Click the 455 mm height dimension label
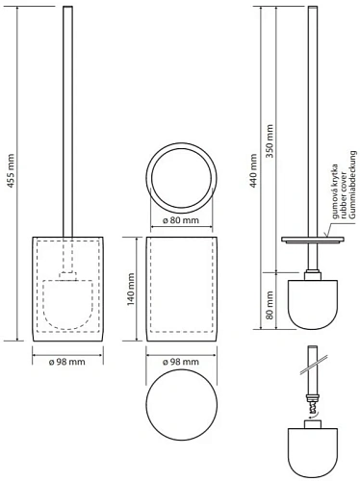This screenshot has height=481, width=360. (x=11, y=171)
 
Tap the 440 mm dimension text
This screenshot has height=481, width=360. (x=253, y=171)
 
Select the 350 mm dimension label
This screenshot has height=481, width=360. (x=270, y=141)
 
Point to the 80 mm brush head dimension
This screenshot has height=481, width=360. (x=270, y=305)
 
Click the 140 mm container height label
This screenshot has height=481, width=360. (x=131, y=290)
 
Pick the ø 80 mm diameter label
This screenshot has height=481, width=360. (x=181, y=220)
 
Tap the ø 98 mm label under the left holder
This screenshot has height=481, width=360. (x=67, y=362)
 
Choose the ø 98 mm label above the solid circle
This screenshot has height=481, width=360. (x=181, y=362)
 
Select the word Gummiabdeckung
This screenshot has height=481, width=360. (x=353, y=185)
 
